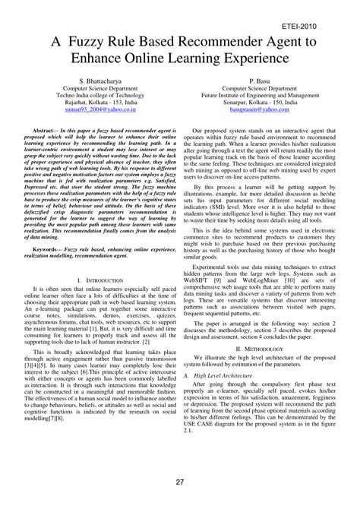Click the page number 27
[180, 482]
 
